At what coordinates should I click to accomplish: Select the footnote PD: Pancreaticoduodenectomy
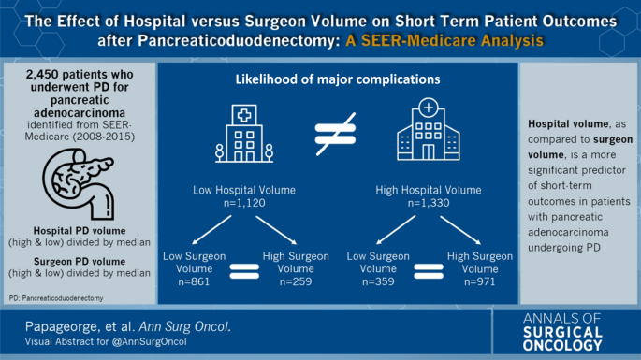click(x=56, y=298)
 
